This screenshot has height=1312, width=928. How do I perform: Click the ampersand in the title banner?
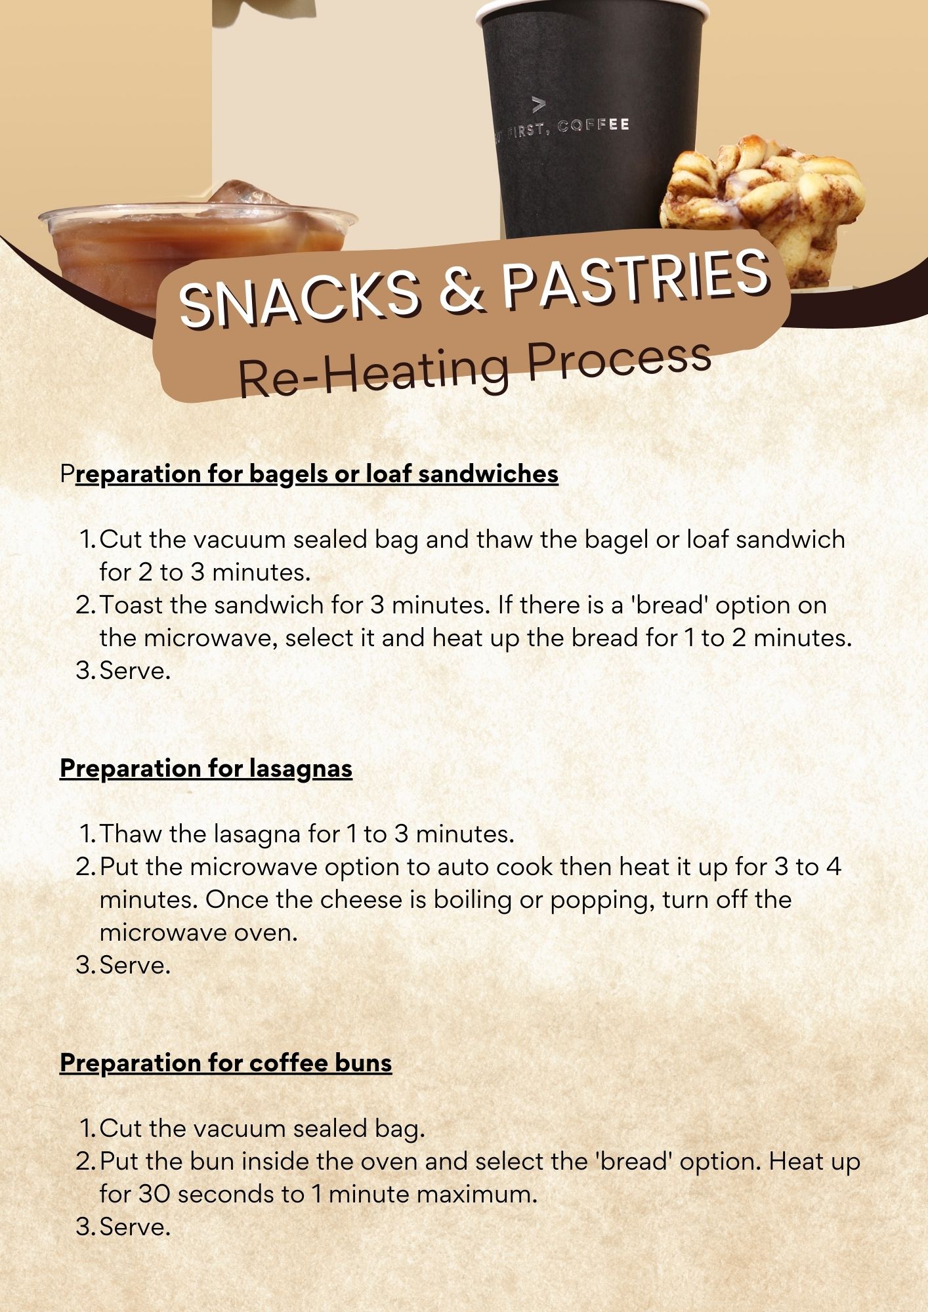tap(462, 289)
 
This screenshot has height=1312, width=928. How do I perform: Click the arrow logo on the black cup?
tap(538, 103)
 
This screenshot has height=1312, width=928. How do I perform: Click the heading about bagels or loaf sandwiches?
tap(309, 474)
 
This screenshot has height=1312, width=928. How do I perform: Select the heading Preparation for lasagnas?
tap(206, 768)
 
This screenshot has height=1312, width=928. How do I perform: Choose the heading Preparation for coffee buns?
tap(226, 1063)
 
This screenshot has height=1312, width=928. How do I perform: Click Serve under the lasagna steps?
tap(135, 965)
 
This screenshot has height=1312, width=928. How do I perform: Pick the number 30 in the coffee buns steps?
tap(154, 1195)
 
